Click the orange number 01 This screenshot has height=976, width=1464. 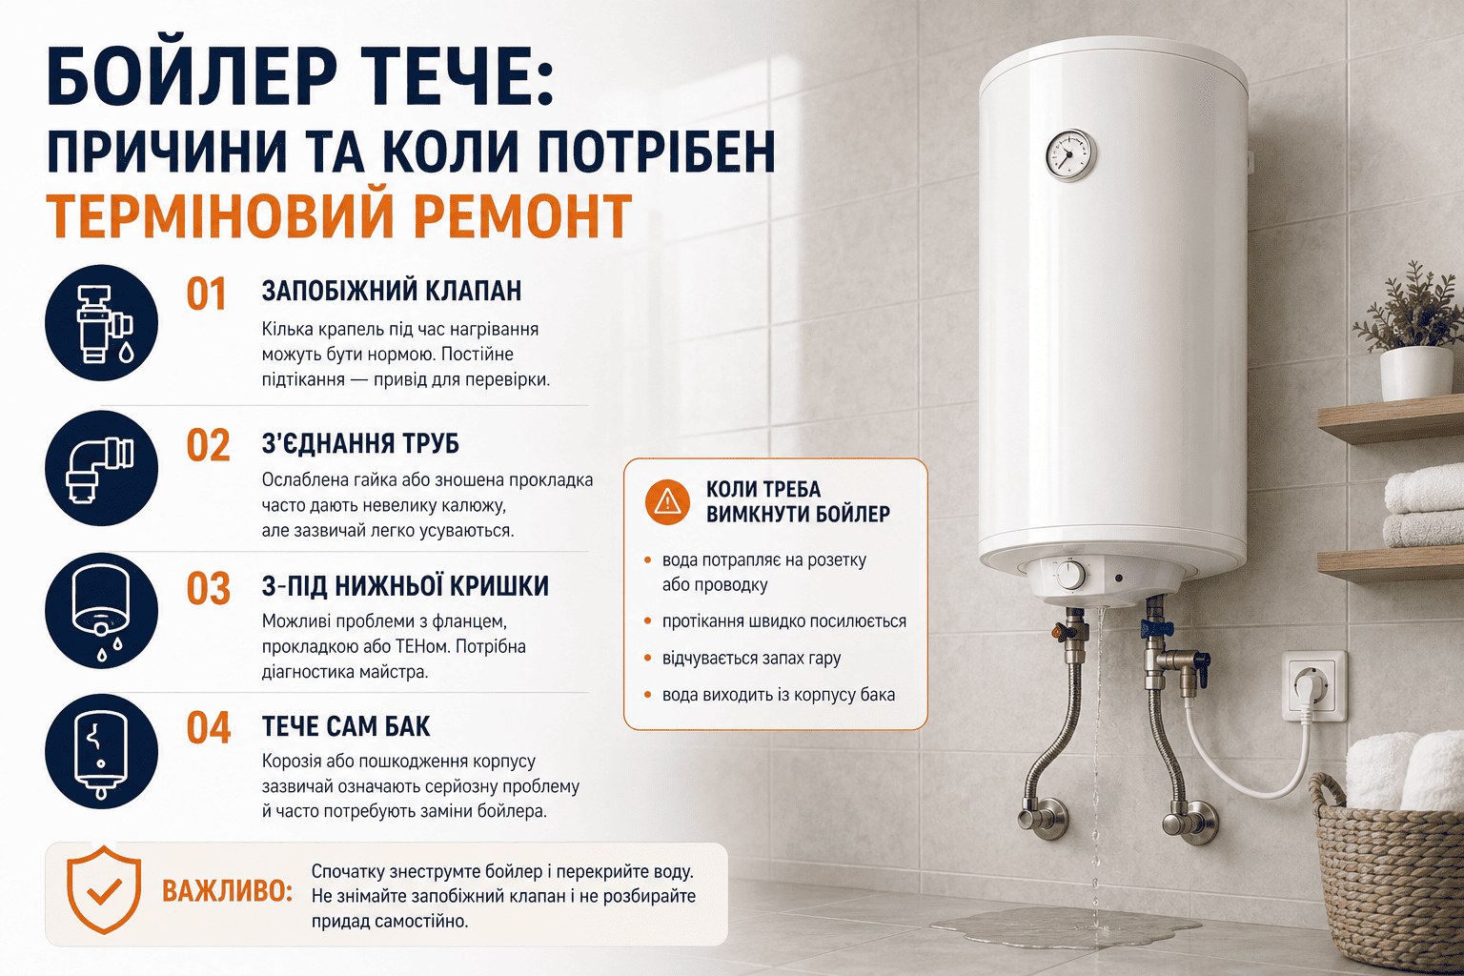[207, 294]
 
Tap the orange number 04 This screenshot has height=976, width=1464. [209, 727]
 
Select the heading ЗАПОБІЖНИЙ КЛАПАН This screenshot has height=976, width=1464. [392, 291]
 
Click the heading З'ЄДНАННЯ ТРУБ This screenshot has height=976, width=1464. [361, 443]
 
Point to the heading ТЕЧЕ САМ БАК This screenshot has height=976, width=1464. [346, 726]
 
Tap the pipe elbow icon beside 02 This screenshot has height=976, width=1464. [101, 468]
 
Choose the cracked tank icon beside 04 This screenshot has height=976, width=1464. [101, 751]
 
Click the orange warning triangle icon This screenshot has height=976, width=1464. [667, 501]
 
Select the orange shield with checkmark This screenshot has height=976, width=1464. [104, 889]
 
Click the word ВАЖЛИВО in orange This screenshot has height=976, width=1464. [227, 891]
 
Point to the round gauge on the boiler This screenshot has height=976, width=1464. [1070, 155]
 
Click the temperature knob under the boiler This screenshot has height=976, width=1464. [1070, 576]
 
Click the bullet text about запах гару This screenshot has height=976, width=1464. [752, 659]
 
